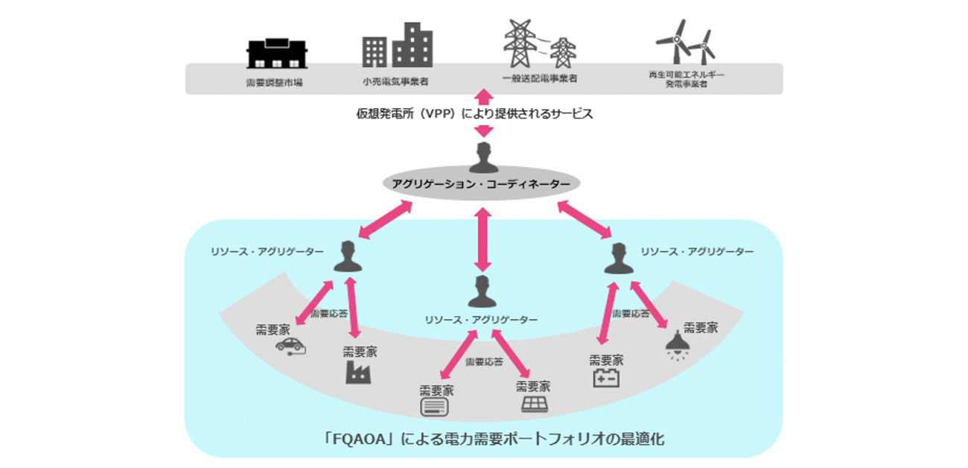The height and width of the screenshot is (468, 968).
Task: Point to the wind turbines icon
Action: tap(685, 42)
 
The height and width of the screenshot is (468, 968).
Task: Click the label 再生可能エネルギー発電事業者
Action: tap(687, 80)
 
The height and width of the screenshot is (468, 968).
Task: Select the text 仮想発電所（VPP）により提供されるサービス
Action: tap(484, 115)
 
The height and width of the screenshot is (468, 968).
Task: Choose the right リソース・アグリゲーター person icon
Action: tap(617, 258)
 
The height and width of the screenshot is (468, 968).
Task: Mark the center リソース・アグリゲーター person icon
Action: tap(483, 291)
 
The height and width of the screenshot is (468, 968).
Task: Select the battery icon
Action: tap(605, 379)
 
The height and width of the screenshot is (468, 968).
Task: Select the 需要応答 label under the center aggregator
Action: tap(484, 362)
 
